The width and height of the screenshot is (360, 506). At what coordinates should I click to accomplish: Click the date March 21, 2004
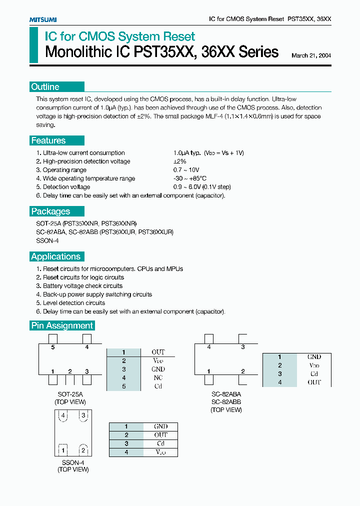click(x=310, y=56)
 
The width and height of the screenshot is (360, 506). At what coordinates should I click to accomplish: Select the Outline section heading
click(x=45, y=87)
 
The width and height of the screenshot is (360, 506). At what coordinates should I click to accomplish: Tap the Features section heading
click(x=48, y=140)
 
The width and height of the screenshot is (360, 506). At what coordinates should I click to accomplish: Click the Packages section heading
click(x=51, y=211)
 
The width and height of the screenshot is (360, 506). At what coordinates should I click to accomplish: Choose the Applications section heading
click(x=56, y=256)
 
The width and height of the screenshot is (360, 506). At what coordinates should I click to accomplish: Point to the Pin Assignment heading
click(x=62, y=325)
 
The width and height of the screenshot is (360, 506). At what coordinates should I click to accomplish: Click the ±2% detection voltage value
click(x=179, y=161)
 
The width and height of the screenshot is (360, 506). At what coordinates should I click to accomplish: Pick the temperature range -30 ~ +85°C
click(x=190, y=178)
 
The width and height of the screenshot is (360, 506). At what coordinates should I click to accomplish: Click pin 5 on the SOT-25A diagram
click(x=53, y=346)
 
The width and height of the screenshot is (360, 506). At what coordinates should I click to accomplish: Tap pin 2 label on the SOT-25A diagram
click(x=70, y=371)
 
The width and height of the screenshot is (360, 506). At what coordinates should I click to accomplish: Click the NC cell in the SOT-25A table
click(x=158, y=377)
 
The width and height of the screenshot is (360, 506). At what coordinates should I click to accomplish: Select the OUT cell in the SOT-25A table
click(x=158, y=352)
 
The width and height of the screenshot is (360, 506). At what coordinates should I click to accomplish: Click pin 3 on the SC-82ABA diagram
click(x=243, y=346)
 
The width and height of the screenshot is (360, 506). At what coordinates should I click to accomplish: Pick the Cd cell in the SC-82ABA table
click(x=314, y=373)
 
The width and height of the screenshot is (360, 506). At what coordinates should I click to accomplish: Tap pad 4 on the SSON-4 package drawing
click(x=62, y=415)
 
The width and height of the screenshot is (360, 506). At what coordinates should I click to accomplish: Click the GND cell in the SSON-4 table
click(x=160, y=426)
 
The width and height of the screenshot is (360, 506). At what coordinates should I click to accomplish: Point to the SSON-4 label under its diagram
click(x=73, y=462)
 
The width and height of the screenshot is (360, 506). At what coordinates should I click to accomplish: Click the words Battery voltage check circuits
click(x=82, y=286)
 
